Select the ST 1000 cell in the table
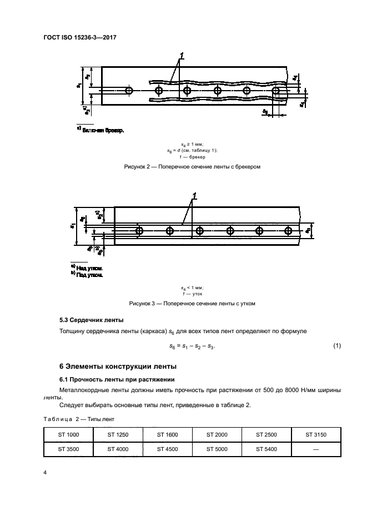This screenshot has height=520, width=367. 68,434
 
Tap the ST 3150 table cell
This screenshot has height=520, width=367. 316,434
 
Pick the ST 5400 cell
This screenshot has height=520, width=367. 267,449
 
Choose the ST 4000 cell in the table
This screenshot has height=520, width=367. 118,449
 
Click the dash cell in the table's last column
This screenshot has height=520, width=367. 316,449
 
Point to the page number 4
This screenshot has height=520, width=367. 45,472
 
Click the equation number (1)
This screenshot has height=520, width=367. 336,346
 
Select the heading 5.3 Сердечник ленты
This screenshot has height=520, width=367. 91,320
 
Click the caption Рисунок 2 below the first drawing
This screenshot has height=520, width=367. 192,166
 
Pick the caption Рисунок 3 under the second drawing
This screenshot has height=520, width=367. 192,304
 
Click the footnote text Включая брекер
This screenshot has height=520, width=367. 103,131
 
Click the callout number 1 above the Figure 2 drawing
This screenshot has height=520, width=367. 181,56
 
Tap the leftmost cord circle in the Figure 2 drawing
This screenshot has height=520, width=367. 129,90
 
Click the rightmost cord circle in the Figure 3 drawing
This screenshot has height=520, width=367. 288,230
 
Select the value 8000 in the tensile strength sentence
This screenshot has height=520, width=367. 294,389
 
